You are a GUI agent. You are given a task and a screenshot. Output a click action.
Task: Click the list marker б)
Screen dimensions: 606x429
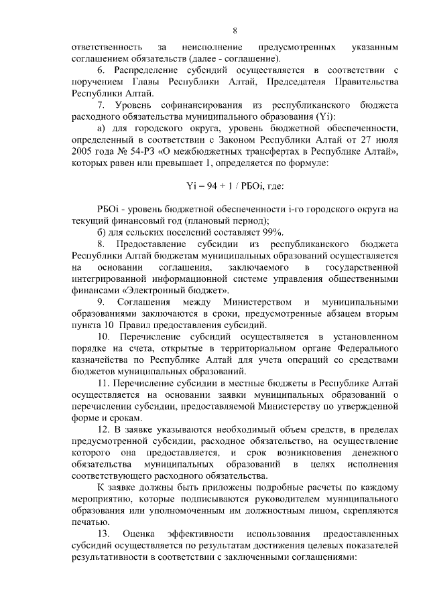[x=102, y=232]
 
